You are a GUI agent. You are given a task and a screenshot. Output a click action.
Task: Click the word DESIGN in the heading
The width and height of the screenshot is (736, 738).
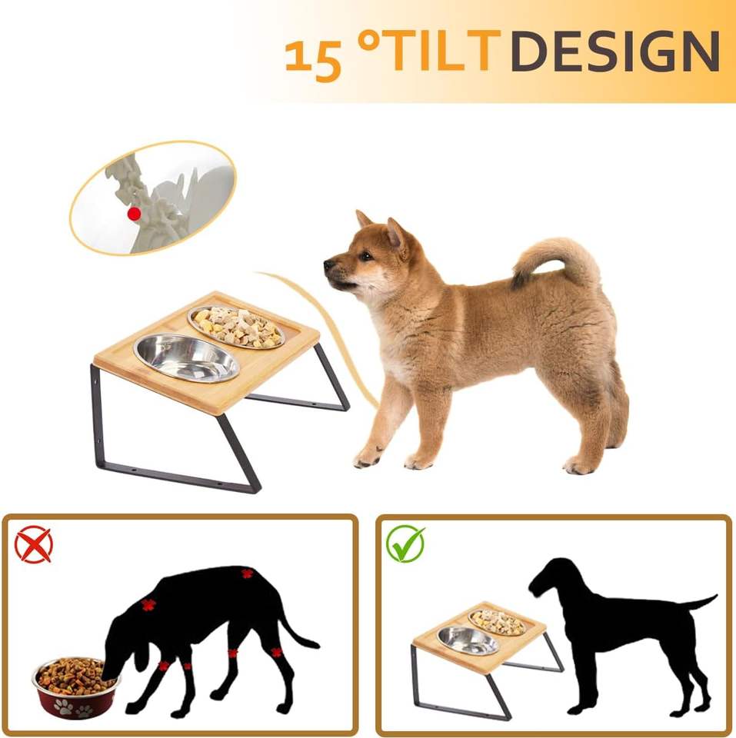tap(615, 51)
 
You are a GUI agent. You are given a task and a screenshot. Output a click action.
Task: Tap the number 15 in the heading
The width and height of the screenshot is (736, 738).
tap(313, 59)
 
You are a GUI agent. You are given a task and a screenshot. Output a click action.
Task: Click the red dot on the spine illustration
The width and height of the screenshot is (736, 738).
tap(135, 214)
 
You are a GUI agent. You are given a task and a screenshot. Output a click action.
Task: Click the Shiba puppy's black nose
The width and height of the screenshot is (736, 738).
tap(328, 264)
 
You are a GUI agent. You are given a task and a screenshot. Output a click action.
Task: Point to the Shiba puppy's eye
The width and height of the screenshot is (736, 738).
tap(365, 257)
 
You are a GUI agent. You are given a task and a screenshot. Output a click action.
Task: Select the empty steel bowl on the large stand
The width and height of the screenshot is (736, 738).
tap(187, 357)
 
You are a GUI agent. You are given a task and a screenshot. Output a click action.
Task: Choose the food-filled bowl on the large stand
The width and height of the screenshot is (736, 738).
tap(236, 327)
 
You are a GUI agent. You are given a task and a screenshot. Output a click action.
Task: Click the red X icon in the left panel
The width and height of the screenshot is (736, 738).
tap(33, 544)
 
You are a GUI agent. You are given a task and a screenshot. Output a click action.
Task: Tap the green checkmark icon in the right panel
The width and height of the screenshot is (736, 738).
tap(405, 544)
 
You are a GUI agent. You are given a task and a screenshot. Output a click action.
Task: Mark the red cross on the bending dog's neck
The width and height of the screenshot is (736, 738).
tap(148, 605)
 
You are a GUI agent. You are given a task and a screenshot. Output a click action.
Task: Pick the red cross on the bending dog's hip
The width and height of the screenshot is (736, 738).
tap(247, 573)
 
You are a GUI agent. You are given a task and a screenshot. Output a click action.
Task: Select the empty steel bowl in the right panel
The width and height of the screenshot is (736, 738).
tap(468, 640)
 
